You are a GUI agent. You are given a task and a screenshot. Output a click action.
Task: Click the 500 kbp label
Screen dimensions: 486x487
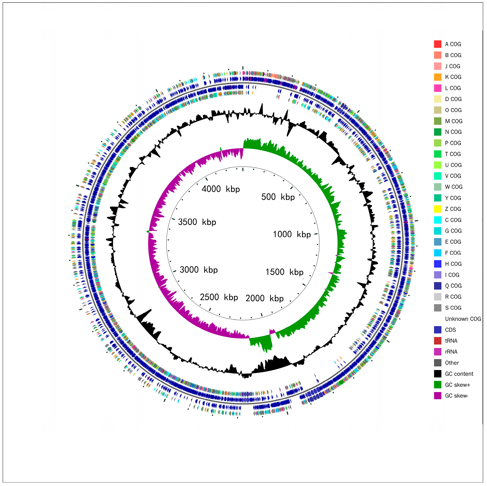coord(278,197)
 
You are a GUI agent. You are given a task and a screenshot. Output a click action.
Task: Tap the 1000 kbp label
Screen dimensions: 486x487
coord(292,234)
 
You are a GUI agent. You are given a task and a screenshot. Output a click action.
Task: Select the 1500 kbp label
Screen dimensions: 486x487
coord(284,272)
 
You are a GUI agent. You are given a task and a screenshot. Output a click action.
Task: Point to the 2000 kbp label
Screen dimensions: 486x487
coord(264,298)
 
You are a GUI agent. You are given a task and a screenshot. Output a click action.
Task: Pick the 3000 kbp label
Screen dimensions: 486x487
coord(199,270)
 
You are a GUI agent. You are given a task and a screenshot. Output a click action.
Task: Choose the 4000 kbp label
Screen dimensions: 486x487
coord(221,189)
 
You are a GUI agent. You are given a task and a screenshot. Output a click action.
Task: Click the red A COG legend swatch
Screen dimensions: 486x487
coord(438,44)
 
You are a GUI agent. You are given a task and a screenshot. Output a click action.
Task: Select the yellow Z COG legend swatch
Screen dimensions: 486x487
coord(438,209)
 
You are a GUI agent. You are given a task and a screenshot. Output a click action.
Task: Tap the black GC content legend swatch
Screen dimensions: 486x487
coord(438,374)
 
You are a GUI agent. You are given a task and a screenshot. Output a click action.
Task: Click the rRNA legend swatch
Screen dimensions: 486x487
coord(438,352)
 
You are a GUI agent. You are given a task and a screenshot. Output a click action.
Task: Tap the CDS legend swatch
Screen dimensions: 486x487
coord(438,330)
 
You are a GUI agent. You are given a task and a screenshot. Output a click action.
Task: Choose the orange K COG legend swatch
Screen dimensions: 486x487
coord(438,77)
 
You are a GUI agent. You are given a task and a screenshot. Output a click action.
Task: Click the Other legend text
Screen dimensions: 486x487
coord(452,363)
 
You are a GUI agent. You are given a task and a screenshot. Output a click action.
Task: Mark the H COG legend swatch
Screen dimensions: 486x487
coord(438,264)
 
